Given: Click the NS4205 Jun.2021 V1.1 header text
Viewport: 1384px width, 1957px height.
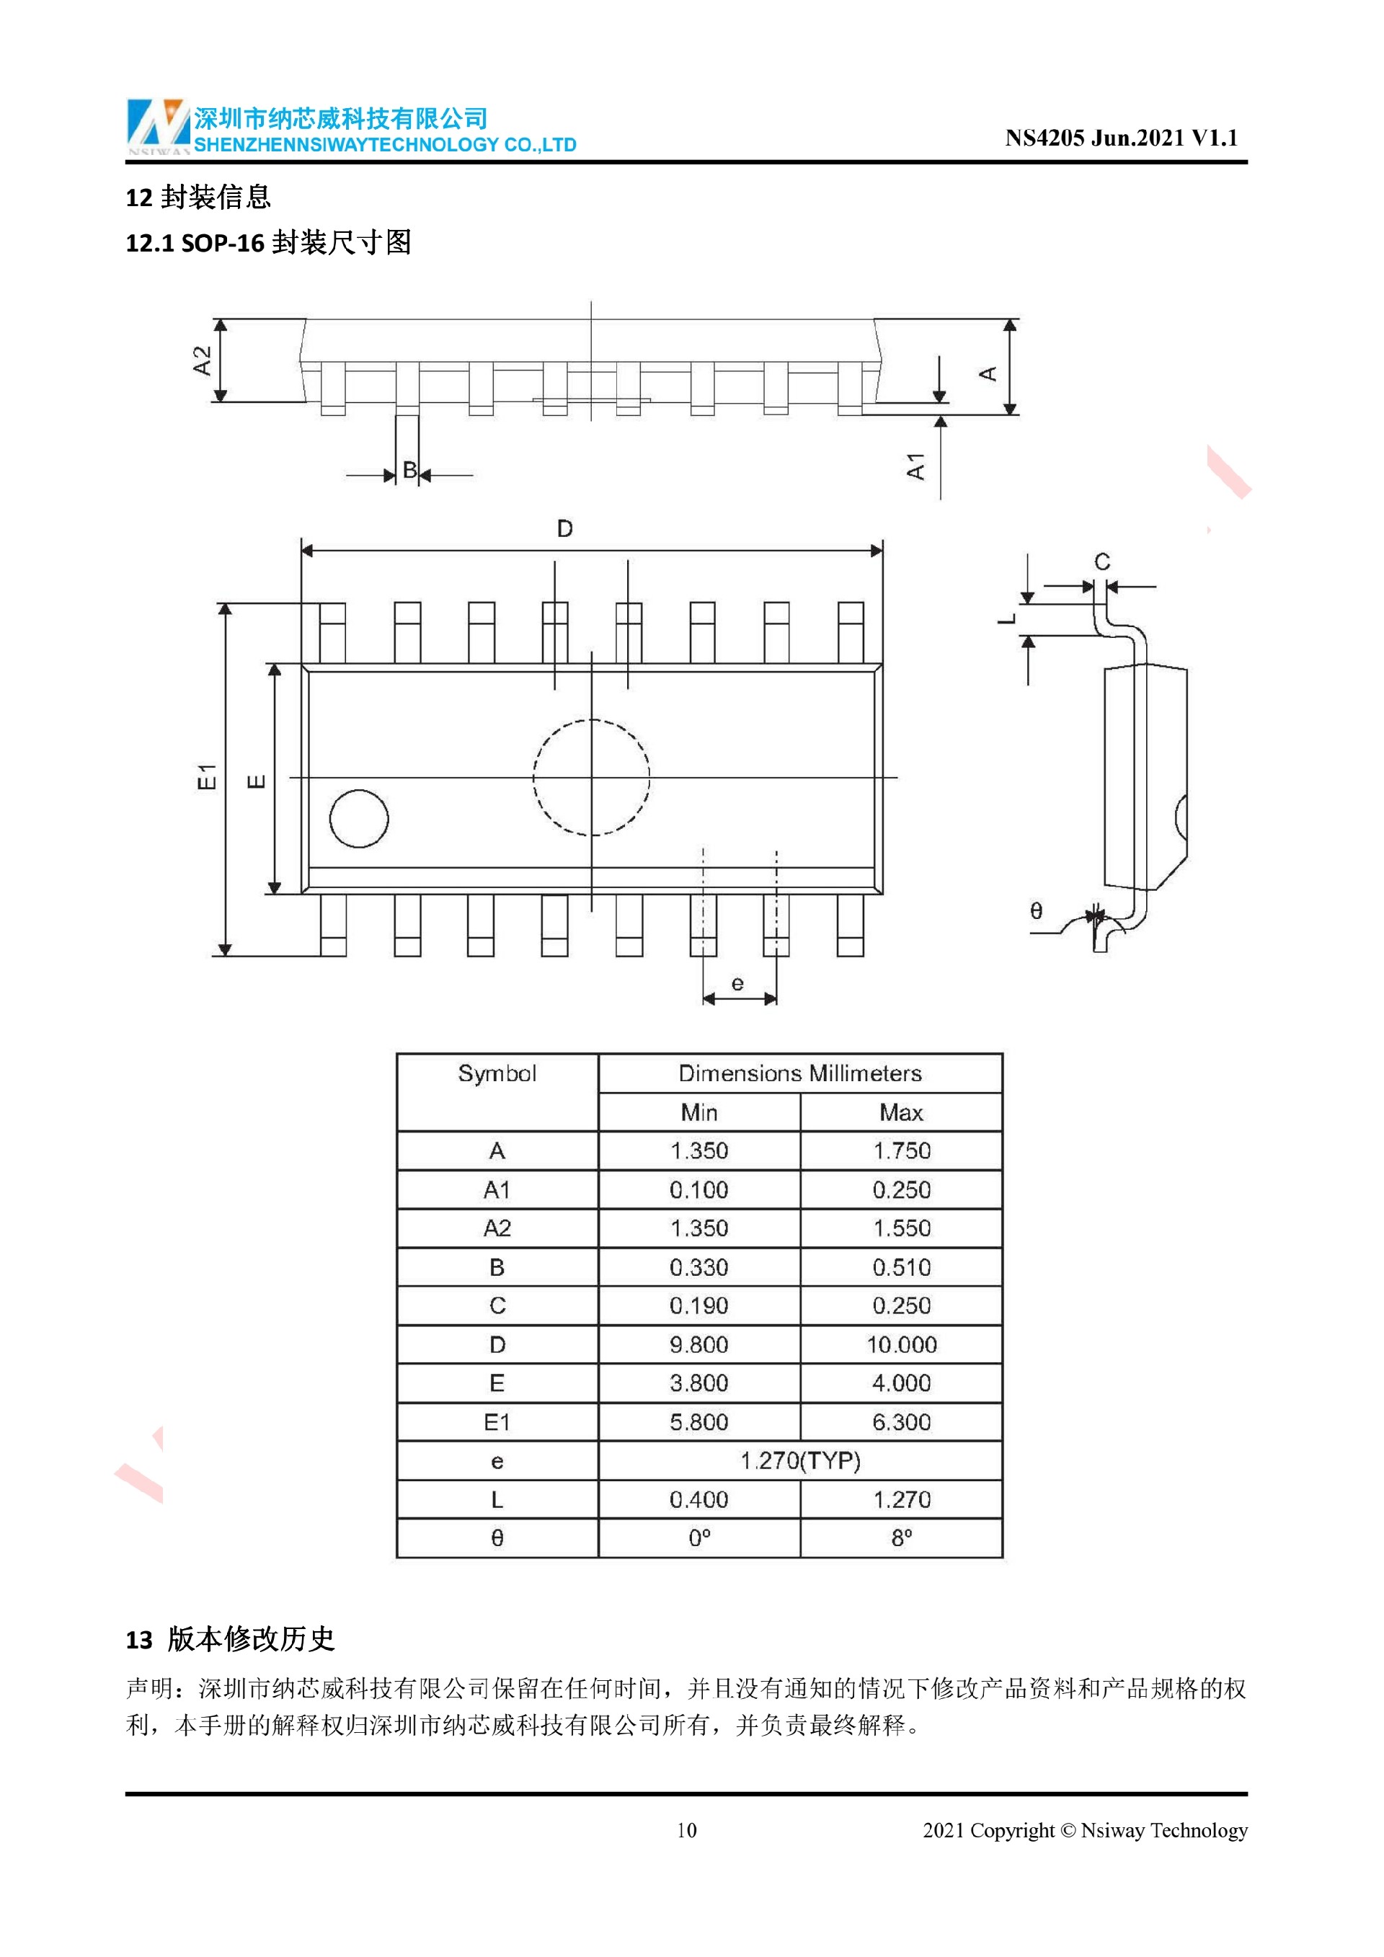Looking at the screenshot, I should (1121, 138).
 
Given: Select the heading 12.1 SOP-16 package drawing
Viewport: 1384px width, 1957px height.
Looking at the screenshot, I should (268, 243).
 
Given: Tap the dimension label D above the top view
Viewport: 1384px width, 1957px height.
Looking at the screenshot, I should (564, 529).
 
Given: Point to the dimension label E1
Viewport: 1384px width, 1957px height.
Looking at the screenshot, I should (207, 776).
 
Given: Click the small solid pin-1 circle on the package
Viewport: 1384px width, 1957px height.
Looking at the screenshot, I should (359, 818).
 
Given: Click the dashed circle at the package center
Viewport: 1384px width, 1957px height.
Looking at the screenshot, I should (591, 777).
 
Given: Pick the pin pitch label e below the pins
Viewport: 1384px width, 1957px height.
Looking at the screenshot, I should (738, 984).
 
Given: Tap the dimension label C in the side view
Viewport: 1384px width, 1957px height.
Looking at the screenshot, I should (1102, 562).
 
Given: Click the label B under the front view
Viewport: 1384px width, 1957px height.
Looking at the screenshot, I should (409, 470).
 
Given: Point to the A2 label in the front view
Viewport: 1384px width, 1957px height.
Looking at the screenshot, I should (202, 360).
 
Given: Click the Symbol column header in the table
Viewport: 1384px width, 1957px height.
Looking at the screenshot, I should (497, 1073).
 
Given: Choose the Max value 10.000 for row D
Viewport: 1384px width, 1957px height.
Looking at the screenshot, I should (901, 1344).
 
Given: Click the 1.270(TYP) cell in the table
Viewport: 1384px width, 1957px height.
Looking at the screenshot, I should (799, 1461).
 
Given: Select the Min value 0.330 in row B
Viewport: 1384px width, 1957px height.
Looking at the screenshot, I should (698, 1267).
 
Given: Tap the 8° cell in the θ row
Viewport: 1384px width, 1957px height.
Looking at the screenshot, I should (901, 1538).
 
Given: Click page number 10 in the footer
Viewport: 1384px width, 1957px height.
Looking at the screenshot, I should (686, 1830).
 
